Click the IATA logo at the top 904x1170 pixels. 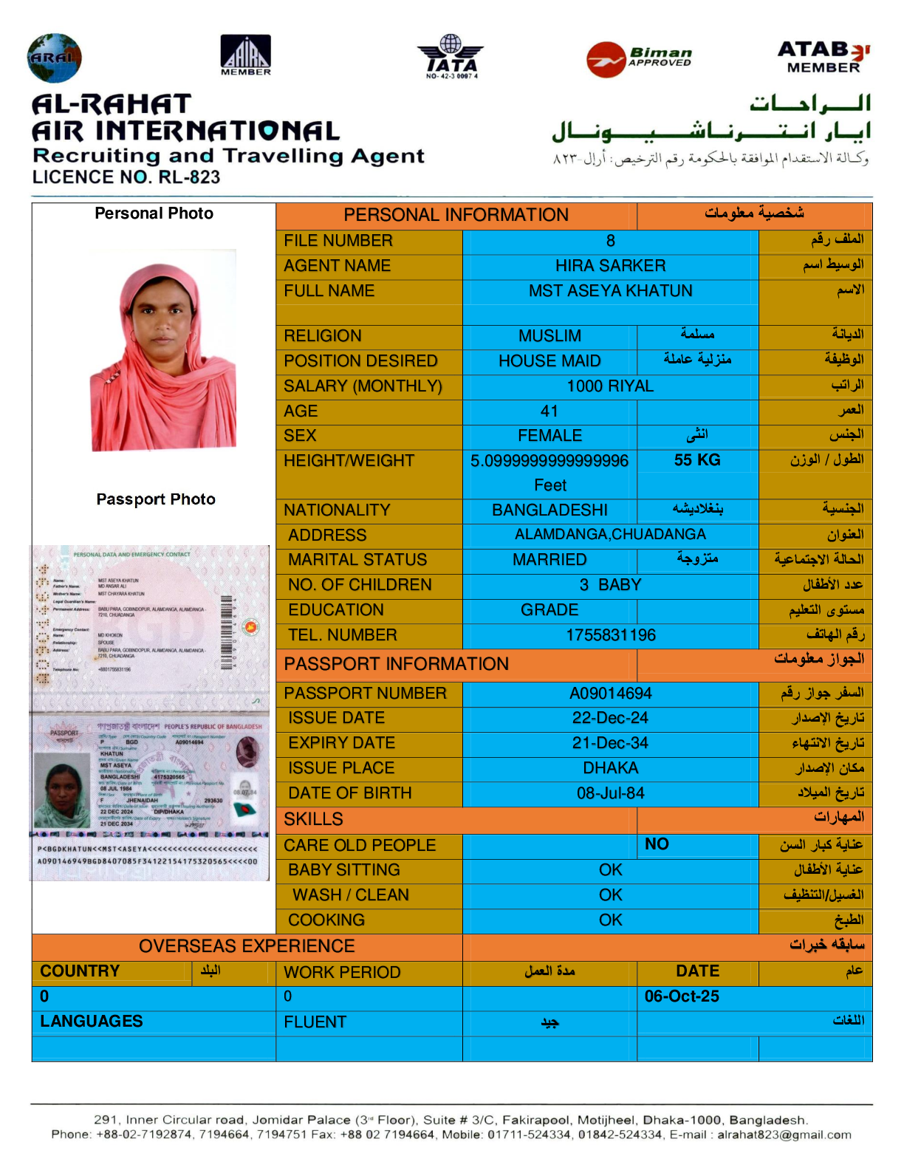[451, 56]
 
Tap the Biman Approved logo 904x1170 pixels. [640, 58]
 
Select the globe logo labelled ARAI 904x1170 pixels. [54, 58]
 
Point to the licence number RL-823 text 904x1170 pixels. [126, 177]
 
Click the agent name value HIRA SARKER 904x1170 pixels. [610, 266]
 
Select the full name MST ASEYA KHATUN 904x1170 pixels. [610, 291]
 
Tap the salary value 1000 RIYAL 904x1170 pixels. [610, 386]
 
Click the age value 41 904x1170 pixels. [549, 411]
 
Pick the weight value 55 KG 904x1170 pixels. [696, 460]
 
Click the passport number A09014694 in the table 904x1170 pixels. [610, 694]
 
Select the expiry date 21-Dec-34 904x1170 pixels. [610, 743]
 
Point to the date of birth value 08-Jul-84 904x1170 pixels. [610, 793]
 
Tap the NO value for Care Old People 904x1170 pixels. [657, 844]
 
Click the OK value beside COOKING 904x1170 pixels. [610, 920]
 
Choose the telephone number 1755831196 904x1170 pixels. [610, 635]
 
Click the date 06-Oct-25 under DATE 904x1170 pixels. [682, 996]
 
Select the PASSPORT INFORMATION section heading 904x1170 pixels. [396, 664]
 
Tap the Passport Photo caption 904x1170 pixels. [156, 499]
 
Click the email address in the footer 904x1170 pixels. [784, 1135]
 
